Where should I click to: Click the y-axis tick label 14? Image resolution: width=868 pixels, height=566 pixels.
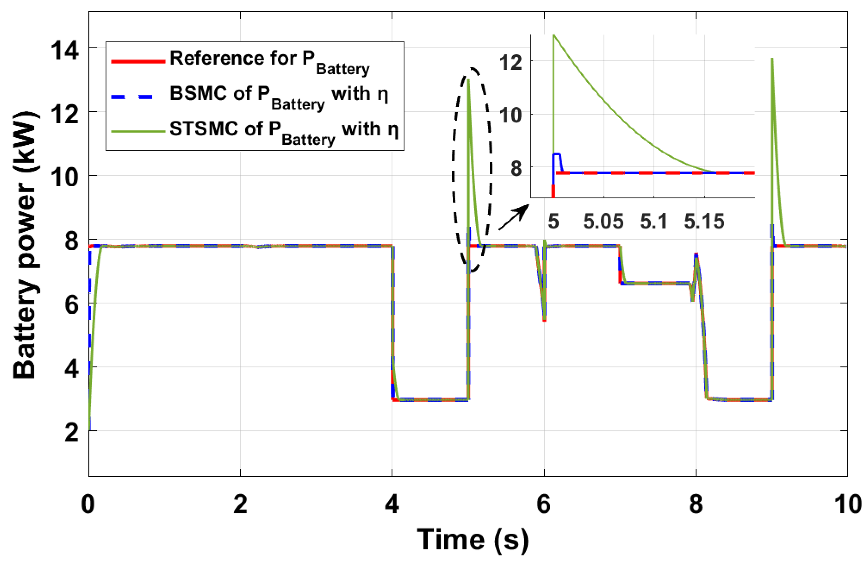[65, 50]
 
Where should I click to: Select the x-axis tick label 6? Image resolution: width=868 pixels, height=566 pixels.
[544, 504]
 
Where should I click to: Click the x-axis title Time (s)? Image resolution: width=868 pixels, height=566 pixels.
[473, 540]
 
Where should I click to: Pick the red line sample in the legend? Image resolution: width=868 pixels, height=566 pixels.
[138, 61]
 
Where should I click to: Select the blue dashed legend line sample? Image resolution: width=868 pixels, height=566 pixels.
[138, 97]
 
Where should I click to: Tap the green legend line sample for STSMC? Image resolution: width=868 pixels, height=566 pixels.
[138, 131]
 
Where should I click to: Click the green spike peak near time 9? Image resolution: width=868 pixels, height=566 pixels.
[772, 59]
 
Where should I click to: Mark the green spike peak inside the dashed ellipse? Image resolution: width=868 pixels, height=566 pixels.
[468, 80]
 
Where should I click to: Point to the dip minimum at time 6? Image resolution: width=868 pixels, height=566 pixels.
[544, 320]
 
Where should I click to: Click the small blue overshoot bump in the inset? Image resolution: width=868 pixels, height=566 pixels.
[557, 154]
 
